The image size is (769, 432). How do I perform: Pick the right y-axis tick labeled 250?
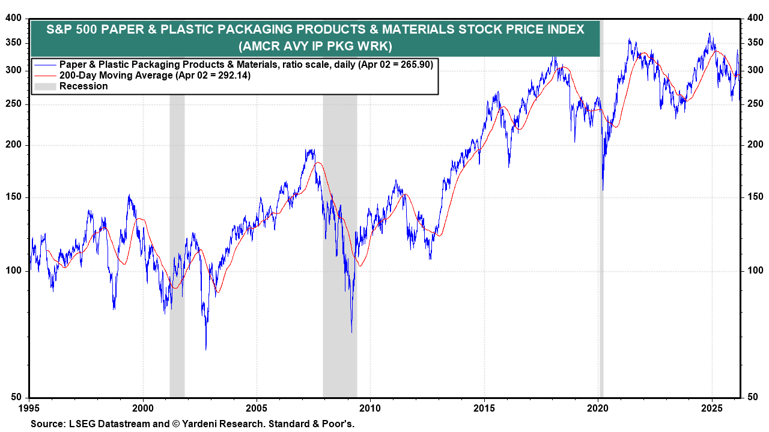click(754, 104)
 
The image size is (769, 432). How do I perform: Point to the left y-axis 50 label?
click(15, 397)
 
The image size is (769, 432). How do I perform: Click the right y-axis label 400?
click(754, 19)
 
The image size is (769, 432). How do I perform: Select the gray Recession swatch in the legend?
click(45, 86)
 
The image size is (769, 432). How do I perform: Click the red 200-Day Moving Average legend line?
click(45, 76)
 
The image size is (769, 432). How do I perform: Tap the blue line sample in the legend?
click(45, 65)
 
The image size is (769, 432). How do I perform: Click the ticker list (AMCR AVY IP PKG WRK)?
click(315, 46)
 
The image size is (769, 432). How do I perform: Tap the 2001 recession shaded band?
click(177, 240)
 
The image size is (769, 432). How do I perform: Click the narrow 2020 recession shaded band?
click(601, 240)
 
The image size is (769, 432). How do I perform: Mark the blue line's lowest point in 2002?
click(206, 349)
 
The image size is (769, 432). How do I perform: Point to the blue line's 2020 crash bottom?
click(603, 190)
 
